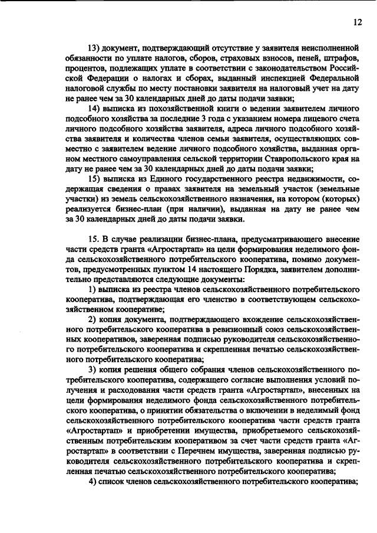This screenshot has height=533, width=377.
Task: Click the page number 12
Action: point(357,22)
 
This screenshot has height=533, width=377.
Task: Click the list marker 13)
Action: point(95,48)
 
